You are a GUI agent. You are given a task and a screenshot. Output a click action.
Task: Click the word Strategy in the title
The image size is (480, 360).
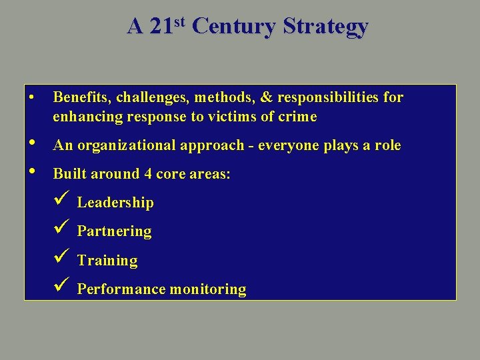coord(325,27)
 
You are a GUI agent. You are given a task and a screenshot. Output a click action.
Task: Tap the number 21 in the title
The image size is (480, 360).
coord(161,27)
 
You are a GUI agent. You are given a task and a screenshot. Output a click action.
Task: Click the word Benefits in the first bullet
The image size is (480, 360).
coord(82,97)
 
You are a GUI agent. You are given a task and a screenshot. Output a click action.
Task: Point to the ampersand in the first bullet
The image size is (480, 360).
coord(267,97)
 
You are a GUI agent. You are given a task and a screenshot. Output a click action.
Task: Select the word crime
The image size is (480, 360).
coord(298,117)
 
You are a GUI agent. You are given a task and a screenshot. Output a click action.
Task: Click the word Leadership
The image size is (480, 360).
coord(115,203)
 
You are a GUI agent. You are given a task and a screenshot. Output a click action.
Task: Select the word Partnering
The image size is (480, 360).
coord(114,231)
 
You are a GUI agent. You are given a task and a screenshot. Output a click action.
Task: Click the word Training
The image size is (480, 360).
coord(107,261)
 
